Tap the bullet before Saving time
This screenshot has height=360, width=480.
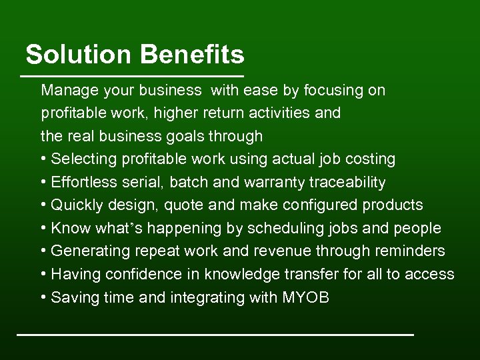(x=43, y=297)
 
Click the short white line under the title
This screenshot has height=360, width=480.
(x=133, y=75)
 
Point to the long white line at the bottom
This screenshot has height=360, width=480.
(x=215, y=333)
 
